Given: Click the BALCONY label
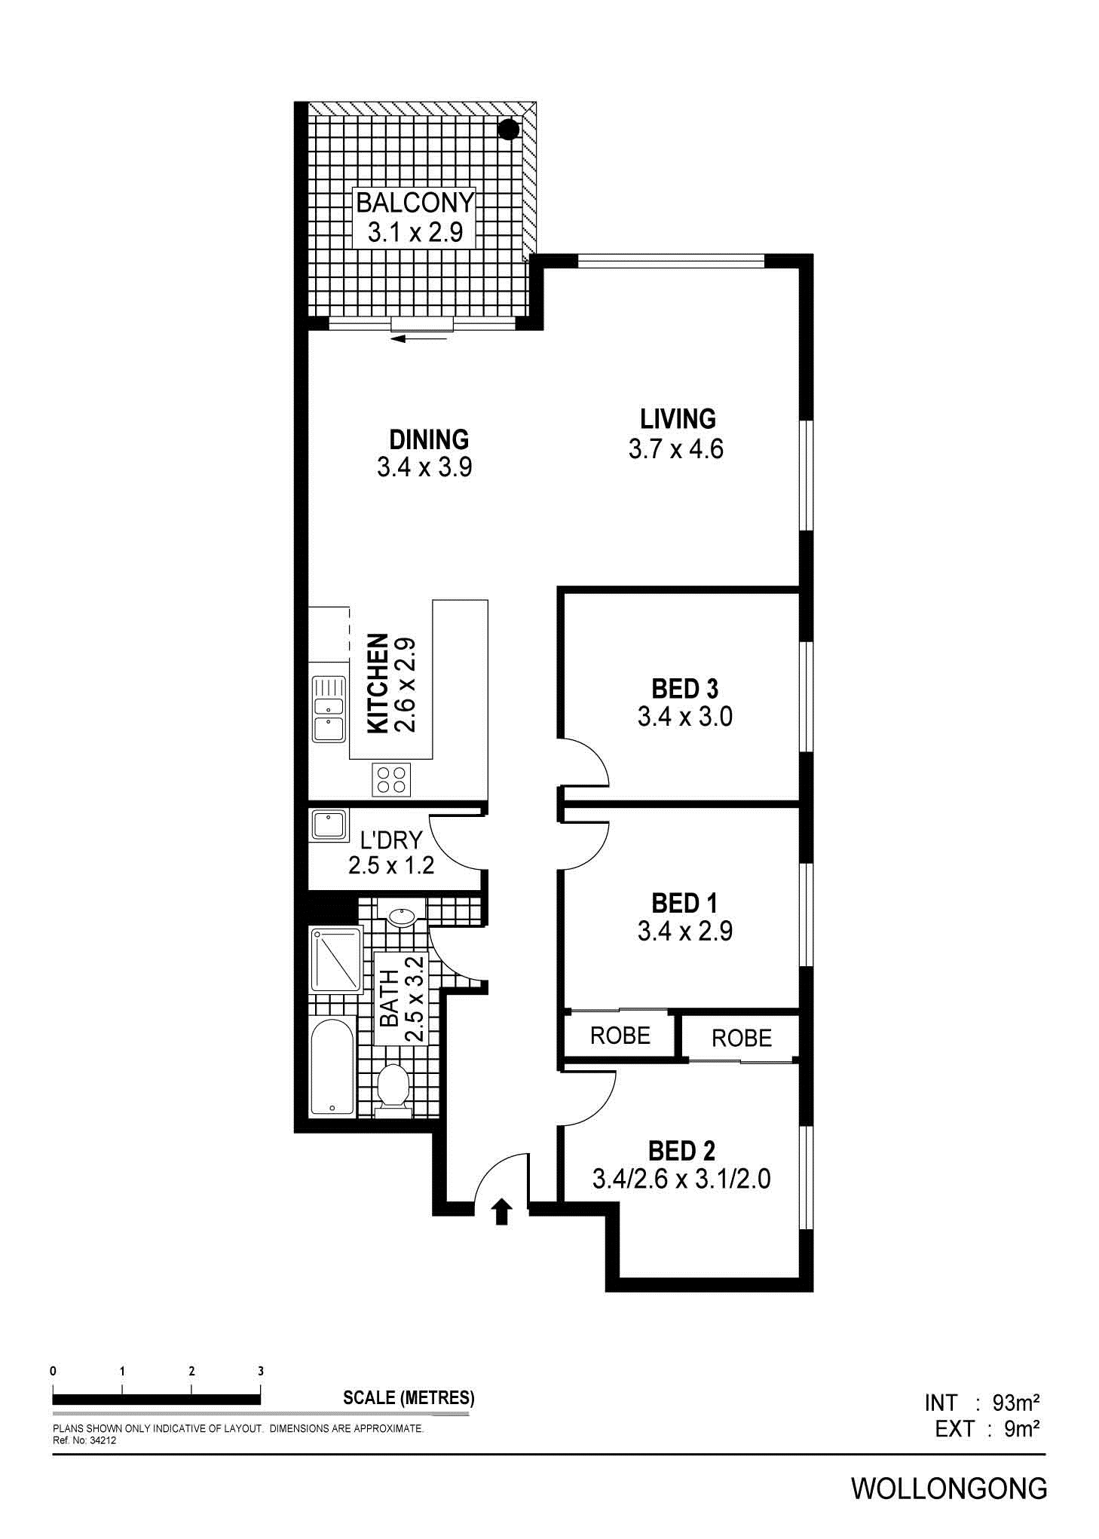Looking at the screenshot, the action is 415,203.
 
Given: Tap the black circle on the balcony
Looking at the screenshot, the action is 510,129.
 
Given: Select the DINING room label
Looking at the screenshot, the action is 429,439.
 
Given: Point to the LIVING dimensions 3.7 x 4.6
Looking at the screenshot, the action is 675,449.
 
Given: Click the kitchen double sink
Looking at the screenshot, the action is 329,709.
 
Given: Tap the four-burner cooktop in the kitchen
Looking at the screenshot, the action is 392,779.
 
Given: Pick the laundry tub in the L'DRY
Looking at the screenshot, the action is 329,825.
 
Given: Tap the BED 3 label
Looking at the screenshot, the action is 685,688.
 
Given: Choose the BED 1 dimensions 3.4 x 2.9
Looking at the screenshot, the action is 685,932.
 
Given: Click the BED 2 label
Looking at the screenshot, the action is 681,1151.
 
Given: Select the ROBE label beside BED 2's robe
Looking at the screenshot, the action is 742,1038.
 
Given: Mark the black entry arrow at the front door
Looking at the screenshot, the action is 502,1213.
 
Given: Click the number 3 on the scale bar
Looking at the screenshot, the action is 261,1371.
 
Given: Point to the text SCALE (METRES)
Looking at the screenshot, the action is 409,1398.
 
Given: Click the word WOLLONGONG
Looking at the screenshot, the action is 949,1489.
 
